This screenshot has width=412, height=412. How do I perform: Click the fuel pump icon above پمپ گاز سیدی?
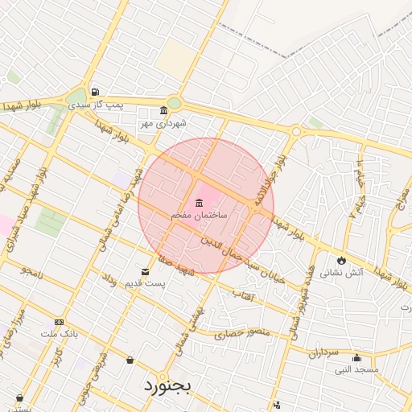tap(96, 92)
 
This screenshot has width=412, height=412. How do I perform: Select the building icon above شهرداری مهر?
tap(164, 110)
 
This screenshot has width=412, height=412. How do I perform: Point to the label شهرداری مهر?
tap(164, 123)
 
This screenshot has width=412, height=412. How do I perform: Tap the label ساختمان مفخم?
tap(200, 216)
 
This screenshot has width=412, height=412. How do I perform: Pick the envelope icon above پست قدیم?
tap(145, 271)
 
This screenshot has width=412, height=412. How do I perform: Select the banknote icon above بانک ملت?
tap(58, 321)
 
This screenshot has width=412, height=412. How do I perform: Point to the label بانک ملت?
tap(58, 334)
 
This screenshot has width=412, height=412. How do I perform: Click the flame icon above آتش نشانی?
tap(342, 260)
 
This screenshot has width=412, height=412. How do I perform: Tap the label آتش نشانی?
tap(342, 273)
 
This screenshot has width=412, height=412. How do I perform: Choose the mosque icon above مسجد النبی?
tap(356, 359)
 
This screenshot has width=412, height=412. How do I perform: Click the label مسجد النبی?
tap(358, 371)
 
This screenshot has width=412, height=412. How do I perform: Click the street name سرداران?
tap(324, 352)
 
